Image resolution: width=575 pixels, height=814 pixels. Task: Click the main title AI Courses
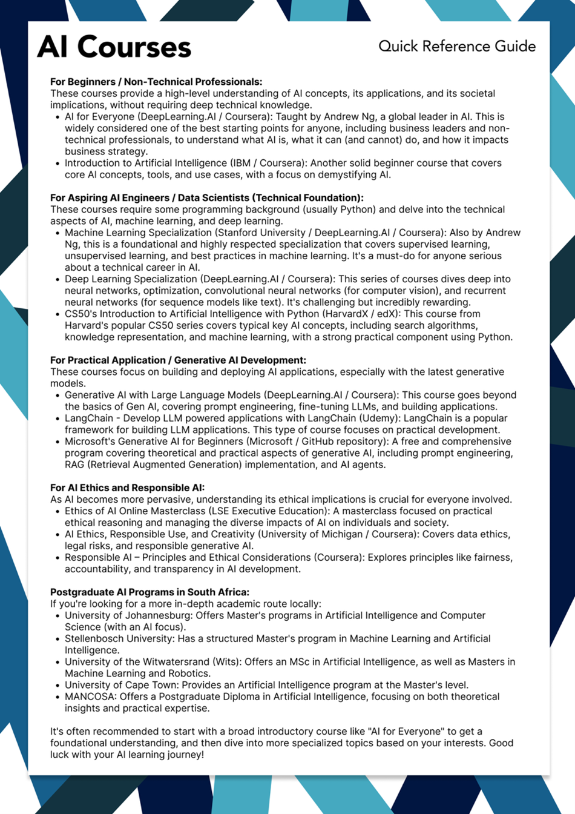[x=114, y=47]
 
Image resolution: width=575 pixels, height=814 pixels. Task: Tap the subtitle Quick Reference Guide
[x=457, y=46]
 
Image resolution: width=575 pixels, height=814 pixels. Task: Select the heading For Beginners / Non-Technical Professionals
[x=156, y=82]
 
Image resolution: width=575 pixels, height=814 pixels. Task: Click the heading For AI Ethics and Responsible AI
[x=127, y=488]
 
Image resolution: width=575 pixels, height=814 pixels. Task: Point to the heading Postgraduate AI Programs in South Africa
[x=149, y=592]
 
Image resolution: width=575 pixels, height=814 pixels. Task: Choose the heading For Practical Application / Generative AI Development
[x=178, y=360]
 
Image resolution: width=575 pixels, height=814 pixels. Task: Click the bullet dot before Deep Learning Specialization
[x=57, y=280]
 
